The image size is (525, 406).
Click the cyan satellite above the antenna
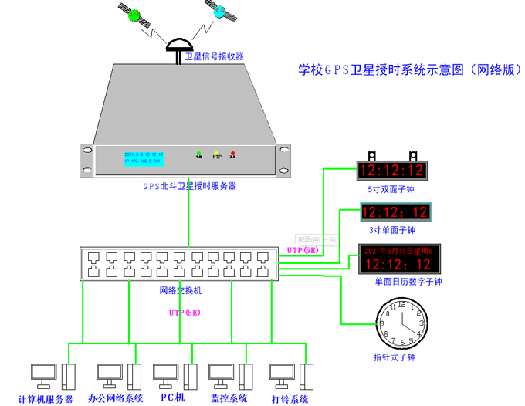click(220, 12)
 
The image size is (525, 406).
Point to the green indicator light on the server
click(198, 154)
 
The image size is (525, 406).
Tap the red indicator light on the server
click(232, 154)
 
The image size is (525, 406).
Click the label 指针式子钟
click(394, 358)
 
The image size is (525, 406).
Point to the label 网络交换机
click(180, 291)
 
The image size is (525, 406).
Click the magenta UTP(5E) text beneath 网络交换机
click(185, 313)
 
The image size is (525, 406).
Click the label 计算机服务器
click(46, 399)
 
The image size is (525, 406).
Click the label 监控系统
click(229, 399)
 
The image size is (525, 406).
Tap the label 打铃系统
click(290, 399)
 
